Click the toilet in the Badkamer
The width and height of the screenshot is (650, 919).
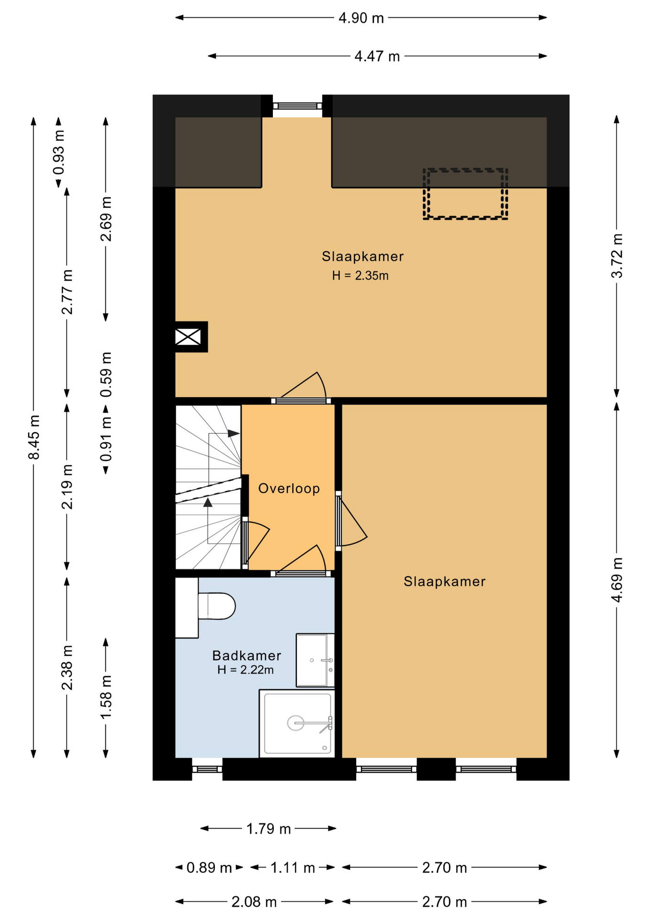[216, 606]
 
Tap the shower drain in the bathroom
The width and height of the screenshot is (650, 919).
[295, 723]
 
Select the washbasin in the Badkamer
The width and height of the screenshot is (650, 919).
[315, 661]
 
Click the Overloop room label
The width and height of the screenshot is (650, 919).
[289, 488]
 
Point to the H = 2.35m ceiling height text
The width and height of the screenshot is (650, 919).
[360, 276]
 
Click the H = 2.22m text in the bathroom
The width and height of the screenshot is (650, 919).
[246, 670]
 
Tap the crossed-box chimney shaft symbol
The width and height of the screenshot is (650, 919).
[188, 337]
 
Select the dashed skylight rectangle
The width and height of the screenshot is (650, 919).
[465, 194]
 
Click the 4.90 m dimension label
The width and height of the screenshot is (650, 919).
[361, 18]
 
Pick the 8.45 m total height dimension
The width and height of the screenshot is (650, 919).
[34, 437]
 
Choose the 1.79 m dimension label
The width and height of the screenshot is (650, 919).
[269, 829]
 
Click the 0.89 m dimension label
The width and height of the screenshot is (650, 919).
[209, 867]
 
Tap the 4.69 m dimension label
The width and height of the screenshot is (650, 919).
[617, 580]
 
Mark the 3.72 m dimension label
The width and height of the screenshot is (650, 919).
[617, 256]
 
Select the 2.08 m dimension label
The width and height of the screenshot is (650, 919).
[254, 902]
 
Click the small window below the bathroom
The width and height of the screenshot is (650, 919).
[207, 769]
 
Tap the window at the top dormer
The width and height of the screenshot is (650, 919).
[297, 106]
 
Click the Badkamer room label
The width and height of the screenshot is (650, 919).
[247, 655]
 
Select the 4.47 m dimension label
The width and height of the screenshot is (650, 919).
[377, 56]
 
